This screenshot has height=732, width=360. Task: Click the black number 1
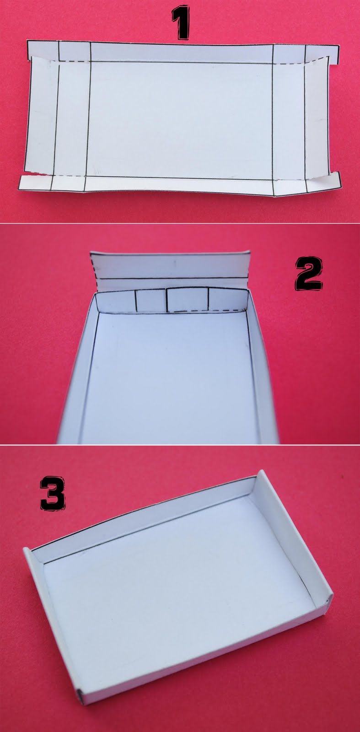coord(180,22)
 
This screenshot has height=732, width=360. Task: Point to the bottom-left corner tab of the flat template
coord(35,183)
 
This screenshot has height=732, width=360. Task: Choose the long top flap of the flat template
coord(182,51)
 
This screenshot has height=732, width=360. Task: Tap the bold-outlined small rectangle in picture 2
coord(188,299)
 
